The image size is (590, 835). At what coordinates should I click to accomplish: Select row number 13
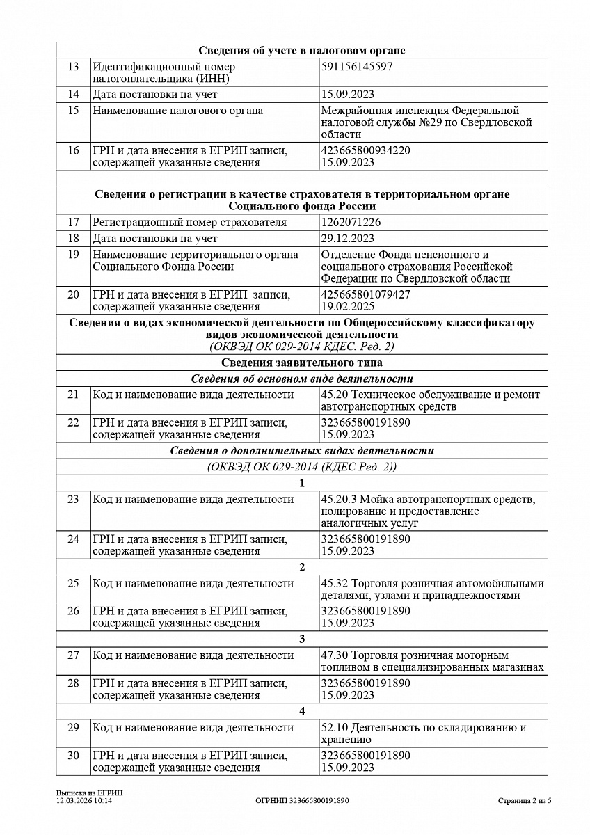[x=74, y=67]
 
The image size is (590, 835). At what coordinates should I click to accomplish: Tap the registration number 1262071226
[x=351, y=223]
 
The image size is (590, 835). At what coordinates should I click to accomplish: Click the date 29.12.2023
[x=348, y=239]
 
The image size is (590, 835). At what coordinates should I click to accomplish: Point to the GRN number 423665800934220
[x=366, y=150]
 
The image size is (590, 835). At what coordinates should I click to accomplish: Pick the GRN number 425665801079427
[x=366, y=294]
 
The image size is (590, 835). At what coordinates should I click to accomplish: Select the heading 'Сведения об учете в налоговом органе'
[x=302, y=50]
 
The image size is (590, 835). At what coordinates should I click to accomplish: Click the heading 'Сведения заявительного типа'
[x=302, y=363]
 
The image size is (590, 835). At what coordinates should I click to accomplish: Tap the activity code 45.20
[x=333, y=395]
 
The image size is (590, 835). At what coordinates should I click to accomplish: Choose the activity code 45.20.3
[x=337, y=499]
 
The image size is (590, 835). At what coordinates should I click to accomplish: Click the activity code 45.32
[x=333, y=583]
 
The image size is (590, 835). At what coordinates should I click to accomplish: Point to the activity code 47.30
[x=333, y=655]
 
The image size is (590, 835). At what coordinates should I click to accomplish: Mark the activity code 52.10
[x=333, y=728]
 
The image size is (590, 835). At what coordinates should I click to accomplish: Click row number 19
[x=74, y=255]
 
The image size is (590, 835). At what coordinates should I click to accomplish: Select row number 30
[x=74, y=756]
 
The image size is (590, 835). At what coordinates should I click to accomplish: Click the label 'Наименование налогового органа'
[x=177, y=111]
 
